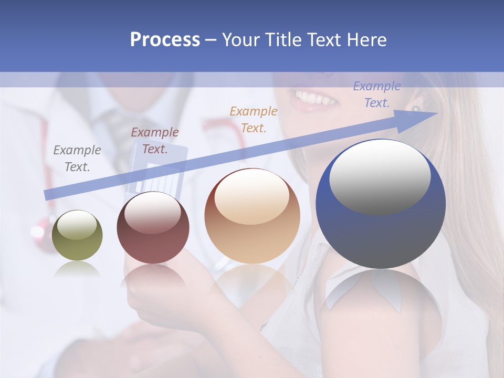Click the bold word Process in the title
pyautogui.click(x=165, y=40)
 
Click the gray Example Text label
pyautogui.click(x=77, y=159)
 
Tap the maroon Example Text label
pyautogui.click(x=155, y=141)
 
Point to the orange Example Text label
pyautogui.click(x=254, y=119)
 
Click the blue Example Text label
pyautogui.click(x=377, y=94)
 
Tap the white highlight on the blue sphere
pyautogui.click(x=380, y=176)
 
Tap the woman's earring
pyautogui.click(x=416, y=109)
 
